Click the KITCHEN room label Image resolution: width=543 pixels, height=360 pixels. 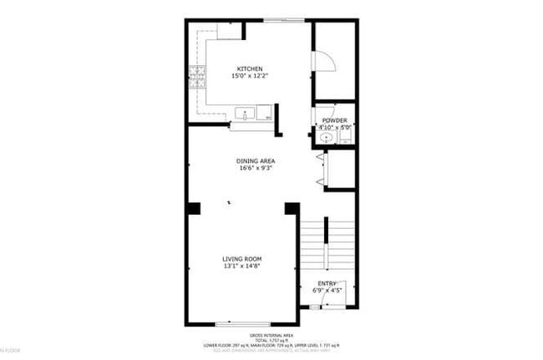tap(250, 68)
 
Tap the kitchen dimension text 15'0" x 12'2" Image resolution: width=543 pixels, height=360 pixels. tap(250, 76)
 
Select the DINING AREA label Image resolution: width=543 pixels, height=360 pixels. tap(256, 160)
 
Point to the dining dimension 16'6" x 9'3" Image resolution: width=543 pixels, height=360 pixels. tap(256, 168)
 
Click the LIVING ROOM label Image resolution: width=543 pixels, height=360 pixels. tap(242, 259)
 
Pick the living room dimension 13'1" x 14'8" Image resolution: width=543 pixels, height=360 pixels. tap(242, 266)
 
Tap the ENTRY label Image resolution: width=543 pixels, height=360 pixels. tap(327, 284)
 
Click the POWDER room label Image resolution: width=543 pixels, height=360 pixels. tap(334, 120)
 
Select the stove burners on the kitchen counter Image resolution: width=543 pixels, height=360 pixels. tap(198, 78)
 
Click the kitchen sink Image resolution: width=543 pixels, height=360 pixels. tap(246, 114)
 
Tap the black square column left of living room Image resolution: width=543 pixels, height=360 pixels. tap(193, 208)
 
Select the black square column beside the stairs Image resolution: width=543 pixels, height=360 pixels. tap(292, 208)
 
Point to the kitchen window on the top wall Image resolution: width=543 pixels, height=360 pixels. tap(282, 19)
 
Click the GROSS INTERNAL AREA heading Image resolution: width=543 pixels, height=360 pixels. tap(272, 334)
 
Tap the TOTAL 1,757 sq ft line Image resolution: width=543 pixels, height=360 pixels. tap(272, 339)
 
